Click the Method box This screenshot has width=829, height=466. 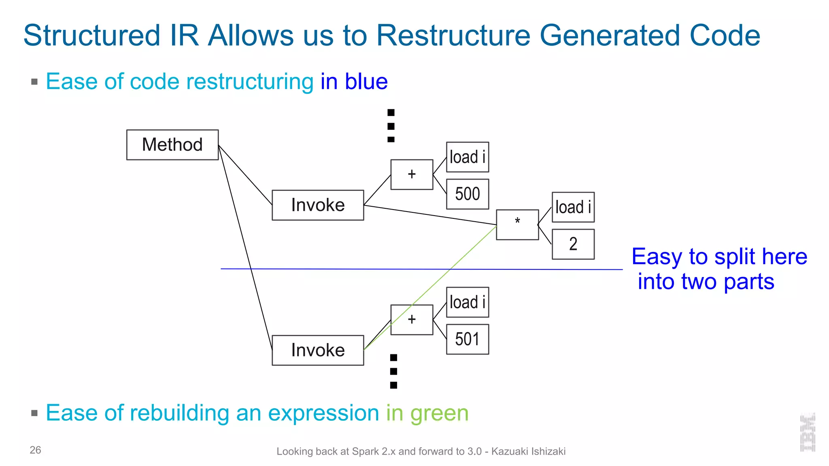(x=172, y=145)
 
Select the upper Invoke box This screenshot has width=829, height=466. (x=318, y=205)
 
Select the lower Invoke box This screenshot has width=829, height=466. (x=318, y=350)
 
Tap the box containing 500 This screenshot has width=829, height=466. (x=468, y=194)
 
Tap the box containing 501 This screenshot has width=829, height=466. (x=468, y=339)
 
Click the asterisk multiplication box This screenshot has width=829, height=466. (x=517, y=225)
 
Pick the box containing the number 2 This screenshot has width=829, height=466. (x=573, y=244)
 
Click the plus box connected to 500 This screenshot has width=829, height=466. (x=412, y=174)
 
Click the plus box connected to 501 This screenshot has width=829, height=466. (x=412, y=320)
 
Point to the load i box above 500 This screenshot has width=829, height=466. (x=468, y=157)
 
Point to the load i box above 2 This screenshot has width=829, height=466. (x=573, y=207)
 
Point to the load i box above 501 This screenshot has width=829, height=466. (x=468, y=302)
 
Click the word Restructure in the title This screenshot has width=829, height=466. (x=453, y=36)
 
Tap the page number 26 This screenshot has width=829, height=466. (x=35, y=450)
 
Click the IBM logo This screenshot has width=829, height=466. (x=808, y=432)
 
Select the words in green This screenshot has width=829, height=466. (x=427, y=413)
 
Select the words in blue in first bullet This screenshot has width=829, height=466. (x=354, y=82)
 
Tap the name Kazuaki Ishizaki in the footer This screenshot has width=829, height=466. (x=528, y=451)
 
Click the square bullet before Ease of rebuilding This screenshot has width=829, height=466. (x=34, y=413)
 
